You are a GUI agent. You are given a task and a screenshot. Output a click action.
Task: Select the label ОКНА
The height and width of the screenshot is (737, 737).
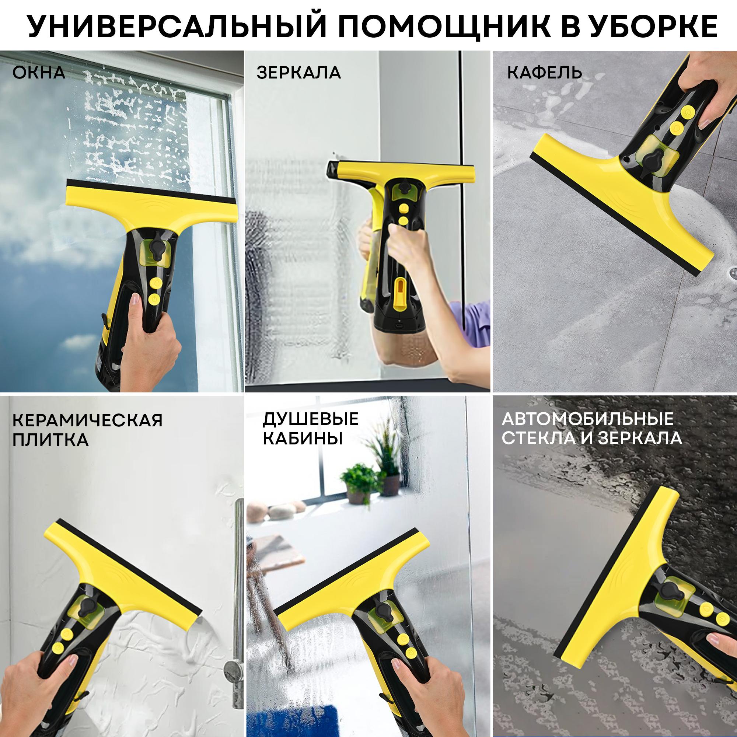(39, 73)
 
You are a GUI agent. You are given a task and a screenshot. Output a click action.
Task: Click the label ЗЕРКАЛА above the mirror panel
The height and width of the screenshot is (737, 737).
(299, 73)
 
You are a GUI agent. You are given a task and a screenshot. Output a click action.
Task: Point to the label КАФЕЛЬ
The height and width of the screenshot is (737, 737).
(544, 73)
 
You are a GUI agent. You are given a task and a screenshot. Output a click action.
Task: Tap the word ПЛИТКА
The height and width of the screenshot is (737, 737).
(50, 440)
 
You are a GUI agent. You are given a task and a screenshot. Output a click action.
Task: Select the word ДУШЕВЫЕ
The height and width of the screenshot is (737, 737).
(311, 419)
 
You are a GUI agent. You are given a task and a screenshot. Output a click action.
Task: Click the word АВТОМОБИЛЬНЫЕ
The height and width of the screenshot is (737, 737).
(588, 419)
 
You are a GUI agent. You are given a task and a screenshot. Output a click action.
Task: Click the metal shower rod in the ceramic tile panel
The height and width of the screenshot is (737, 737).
(238, 572)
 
